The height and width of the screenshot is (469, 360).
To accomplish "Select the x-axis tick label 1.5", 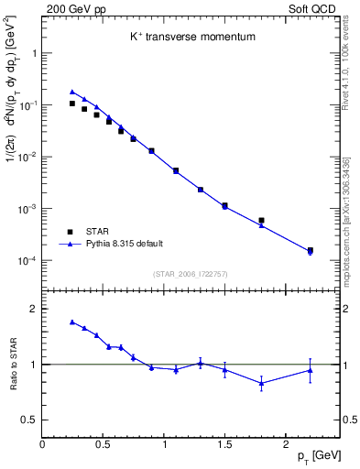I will pos(224,444).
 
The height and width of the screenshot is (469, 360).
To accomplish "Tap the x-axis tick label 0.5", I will pos(104,444).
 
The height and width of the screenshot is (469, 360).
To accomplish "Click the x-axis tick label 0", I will pos(43,444).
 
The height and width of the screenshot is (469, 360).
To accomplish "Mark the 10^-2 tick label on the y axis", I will pos(27,157).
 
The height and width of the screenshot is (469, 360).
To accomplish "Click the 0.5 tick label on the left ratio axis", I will pos(28,420).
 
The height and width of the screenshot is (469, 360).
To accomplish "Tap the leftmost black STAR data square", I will pos(72,104).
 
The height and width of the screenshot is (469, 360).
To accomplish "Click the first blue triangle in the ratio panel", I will pos(72,322).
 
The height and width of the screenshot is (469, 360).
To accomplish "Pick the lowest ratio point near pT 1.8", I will pos(261,384).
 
